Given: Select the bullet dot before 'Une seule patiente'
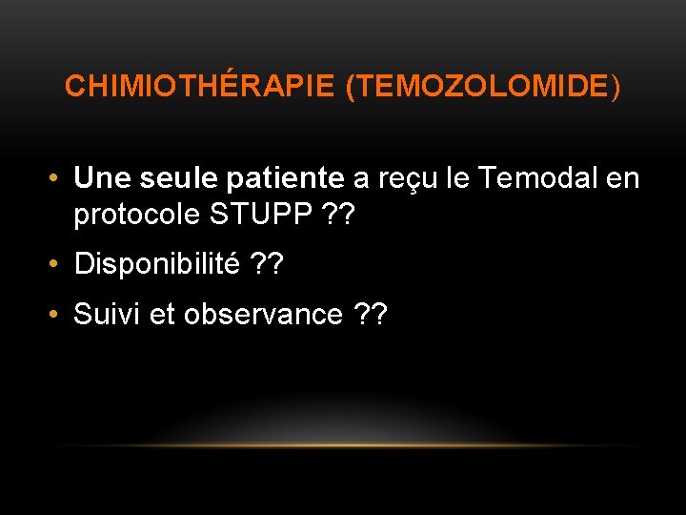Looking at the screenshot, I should [58, 178].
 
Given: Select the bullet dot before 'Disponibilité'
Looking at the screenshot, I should [58, 264].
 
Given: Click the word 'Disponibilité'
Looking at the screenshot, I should [157, 264].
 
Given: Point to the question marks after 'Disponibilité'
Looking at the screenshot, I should [268, 264].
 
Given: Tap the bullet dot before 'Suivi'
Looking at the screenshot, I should [58, 314].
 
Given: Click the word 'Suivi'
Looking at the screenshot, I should [107, 313].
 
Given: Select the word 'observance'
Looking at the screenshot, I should [264, 314].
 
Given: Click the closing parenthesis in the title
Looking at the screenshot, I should [615, 87].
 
